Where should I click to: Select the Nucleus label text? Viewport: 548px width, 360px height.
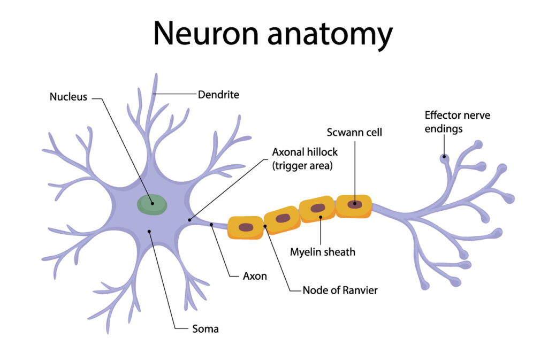tap(68, 97)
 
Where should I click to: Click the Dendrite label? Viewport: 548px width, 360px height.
tap(218, 95)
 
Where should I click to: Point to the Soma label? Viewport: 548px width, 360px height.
tap(205, 328)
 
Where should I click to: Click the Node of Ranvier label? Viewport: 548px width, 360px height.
tap(340, 290)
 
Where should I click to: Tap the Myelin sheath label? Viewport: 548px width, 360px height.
tap(322, 251)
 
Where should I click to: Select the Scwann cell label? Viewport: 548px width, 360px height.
tap(354, 132)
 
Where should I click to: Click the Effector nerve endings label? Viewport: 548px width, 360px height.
tap(457, 121)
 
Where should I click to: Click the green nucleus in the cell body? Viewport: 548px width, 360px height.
tap(152, 204)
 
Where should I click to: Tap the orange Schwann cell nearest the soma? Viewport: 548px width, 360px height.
tap(246, 227)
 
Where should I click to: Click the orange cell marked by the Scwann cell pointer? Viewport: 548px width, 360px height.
tap(353, 205)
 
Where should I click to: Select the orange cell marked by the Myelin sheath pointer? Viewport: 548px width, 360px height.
tap(317, 209)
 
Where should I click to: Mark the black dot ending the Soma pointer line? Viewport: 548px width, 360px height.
tap(150, 231)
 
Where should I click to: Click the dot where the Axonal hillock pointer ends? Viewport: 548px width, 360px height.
tap(190, 219)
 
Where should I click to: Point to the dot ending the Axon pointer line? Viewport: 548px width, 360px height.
tap(212, 225)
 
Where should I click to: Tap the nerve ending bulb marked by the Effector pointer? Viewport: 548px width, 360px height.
tap(444, 158)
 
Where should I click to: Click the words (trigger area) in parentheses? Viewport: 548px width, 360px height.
tap(302, 165)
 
